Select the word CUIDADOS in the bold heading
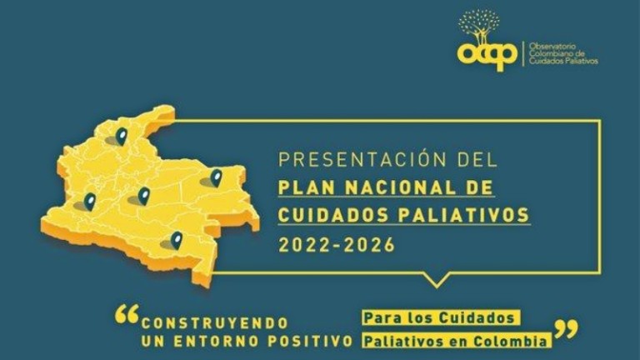[333, 215]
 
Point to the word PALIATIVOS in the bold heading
[463, 215]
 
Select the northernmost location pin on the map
[122, 136]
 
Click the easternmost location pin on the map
[217, 178]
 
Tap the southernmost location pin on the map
[177, 240]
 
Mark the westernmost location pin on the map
[90, 202]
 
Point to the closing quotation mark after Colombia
[566, 329]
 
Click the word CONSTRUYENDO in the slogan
[215, 323]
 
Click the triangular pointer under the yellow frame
[437, 280]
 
